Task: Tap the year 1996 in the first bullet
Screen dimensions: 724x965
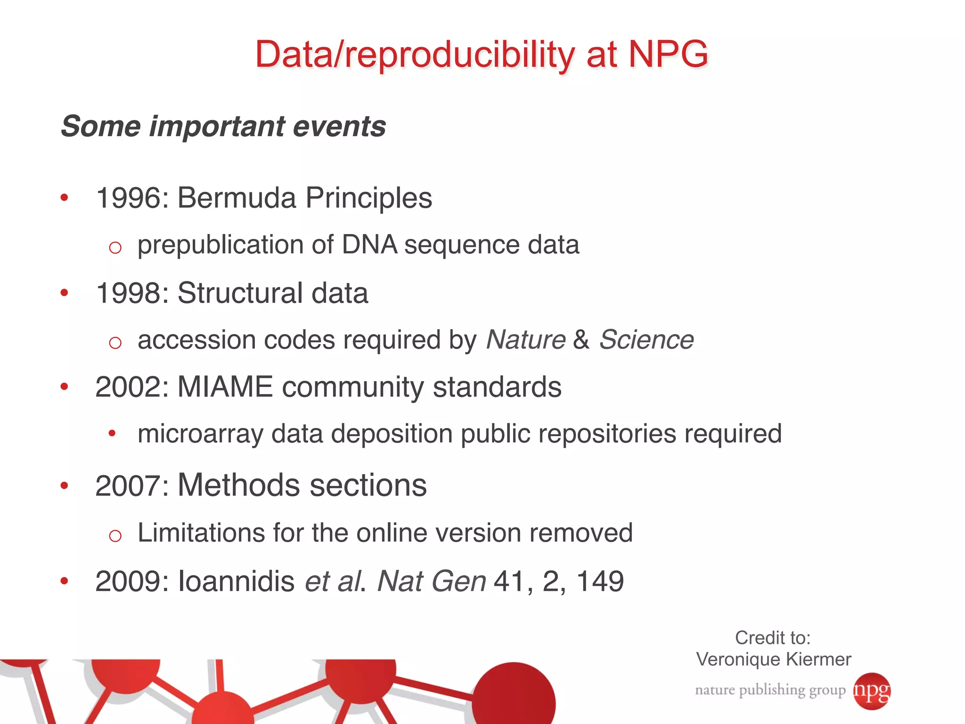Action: (x=129, y=198)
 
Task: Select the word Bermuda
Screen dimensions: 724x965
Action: (x=237, y=198)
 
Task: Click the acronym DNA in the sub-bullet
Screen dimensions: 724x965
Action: (x=369, y=245)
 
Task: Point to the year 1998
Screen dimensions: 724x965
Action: (x=129, y=293)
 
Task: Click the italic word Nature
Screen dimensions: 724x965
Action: (x=525, y=340)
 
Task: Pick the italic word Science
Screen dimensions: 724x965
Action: (x=646, y=340)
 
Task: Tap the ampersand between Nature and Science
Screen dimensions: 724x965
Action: (x=581, y=340)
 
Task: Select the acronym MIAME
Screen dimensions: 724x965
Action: (x=225, y=387)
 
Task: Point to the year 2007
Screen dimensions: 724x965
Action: (x=129, y=486)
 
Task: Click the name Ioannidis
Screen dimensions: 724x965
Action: (x=236, y=581)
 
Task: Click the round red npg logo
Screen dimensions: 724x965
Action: (x=872, y=691)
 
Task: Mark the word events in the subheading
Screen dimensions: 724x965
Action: (x=339, y=127)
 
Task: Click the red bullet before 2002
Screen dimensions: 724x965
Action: (x=65, y=387)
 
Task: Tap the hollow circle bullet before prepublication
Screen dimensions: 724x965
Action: (x=115, y=247)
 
